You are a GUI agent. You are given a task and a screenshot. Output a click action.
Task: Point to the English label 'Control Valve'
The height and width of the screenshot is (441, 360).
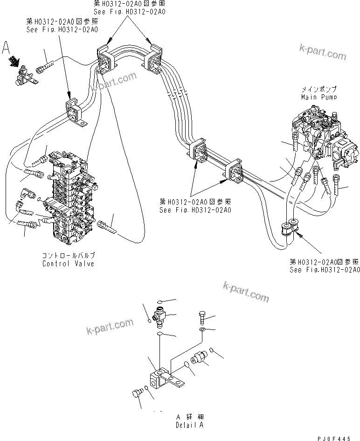(x=68, y=264)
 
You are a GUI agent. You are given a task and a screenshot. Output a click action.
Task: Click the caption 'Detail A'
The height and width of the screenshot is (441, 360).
(x=189, y=426)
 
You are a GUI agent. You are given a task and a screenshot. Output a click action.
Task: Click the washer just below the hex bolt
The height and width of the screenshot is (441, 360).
(x=201, y=330)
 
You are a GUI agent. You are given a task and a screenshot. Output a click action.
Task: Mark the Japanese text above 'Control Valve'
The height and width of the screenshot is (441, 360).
(x=68, y=256)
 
